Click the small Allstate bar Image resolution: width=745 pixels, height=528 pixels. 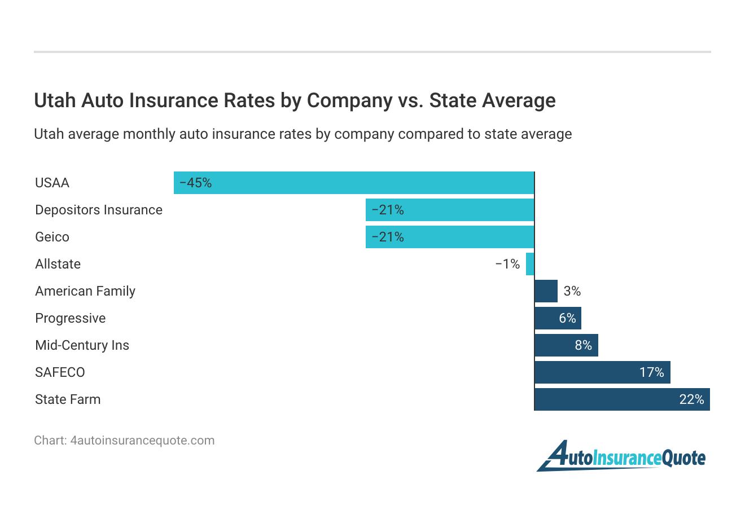pyautogui.click(x=530, y=264)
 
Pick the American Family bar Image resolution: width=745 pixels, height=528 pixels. pyautogui.click(x=546, y=291)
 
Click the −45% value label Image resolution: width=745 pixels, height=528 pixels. pyautogui.click(x=195, y=183)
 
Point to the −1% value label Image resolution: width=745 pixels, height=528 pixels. pyautogui.click(x=507, y=264)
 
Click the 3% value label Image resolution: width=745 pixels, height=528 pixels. pyautogui.click(x=572, y=291)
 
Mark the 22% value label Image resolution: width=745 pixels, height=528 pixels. pyautogui.click(x=691, y=399)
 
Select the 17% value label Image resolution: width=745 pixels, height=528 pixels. pyautogui.click(x=651, y=372)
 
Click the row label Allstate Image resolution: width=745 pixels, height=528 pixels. pyautogui.click(x=58, y=264)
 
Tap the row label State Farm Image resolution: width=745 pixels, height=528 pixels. pyautogui.click(x=68, y=399)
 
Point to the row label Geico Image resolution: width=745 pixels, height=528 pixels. pyautogui.click(x=52, y=237)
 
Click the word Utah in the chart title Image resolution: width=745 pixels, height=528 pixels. pyautogui.click(x=55, y=100)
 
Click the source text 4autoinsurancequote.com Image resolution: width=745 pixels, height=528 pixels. pyautogui.click(x=142, y=441)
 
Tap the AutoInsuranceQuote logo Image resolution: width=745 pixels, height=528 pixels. pyautogui.click(x=621, y=456)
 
